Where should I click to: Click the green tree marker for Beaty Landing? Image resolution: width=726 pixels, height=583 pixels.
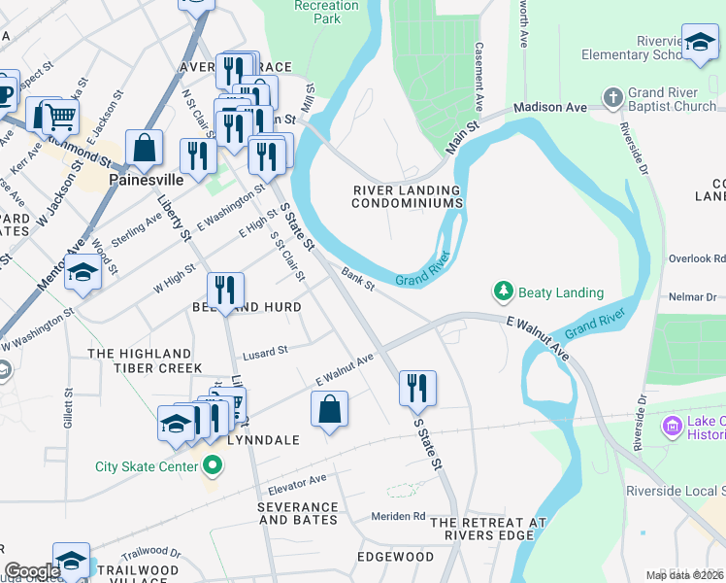point(503,291)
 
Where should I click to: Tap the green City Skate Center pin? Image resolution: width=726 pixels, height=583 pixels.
point(213,466)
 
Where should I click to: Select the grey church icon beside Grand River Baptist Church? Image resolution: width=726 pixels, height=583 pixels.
point(612,98)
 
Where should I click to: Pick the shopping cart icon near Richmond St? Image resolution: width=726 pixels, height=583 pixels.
point(60,117)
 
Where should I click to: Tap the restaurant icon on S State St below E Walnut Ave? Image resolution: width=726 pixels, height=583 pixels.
point(417,388)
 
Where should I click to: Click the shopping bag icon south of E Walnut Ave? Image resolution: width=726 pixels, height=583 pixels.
point(329,408)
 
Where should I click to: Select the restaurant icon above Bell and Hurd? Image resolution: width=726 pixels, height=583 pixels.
point(225,289)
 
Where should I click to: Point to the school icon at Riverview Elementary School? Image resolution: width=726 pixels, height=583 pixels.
point(698,42)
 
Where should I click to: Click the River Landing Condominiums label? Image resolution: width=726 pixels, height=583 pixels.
point(406,196)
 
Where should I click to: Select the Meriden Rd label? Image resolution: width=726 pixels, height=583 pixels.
point(398,515)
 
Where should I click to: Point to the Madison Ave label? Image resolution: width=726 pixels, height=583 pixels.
point(550,107)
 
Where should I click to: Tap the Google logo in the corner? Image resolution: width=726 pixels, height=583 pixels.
point(32,571)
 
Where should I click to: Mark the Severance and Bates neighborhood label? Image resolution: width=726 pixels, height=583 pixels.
point(298,513)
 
